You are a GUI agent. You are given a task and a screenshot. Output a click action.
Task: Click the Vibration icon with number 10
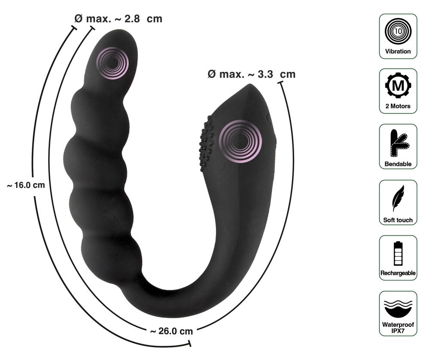click(x=398, y=31)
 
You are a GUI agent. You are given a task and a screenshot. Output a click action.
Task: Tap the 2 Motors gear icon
click(x=398, y=86)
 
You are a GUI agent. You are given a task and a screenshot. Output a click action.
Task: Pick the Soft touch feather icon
click(x=398, y=198)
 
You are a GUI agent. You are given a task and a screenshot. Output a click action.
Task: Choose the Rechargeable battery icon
click(x=398, y=253)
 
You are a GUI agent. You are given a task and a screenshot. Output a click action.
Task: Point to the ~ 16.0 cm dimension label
click(x=26, y=185)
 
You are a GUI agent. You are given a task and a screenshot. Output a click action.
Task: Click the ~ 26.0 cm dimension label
click(x=171, y=331)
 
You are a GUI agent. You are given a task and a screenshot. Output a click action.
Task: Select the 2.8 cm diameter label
click(x=118, y=19)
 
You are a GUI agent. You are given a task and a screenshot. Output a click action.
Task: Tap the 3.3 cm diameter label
click(x=252, y=74)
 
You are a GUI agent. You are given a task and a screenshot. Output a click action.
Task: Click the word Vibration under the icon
click(x=398, y=51)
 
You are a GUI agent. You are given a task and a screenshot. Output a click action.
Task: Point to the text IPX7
click(x=398, y=332)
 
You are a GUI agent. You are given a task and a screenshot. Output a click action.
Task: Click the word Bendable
click(x=398, y=164)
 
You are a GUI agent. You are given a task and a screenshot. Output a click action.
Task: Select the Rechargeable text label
click(x=398, y=273)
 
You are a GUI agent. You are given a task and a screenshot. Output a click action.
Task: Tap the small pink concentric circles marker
click(x=112, y=63)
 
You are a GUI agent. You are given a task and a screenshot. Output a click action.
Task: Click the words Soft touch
click(x=398, y=220)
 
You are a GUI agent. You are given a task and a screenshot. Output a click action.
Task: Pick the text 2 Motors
click(x=398, y=106)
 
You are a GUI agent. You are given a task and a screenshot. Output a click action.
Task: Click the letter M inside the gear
click(x=398, y=86)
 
